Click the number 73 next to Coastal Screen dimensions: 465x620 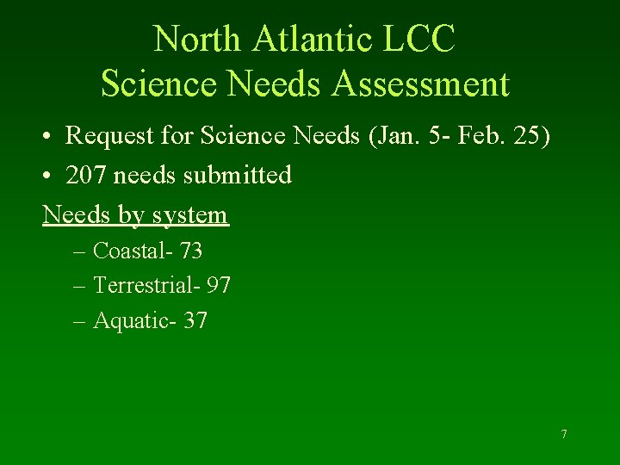click(x=191, y=251)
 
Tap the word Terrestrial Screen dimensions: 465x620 click(x=143, y=285)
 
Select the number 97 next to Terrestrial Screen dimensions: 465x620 click(x=219, y=285)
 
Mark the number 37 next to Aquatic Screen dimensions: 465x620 click(x=195, y=321)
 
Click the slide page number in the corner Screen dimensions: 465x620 click(x=564, y=434)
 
